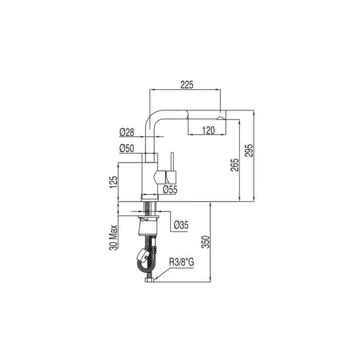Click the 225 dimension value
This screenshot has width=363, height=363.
[x=187, y=85]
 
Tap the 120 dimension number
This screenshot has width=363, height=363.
[x=208, y=131]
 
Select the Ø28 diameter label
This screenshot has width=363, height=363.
[x=127, y=133]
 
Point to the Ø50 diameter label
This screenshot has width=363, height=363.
[x=127, y=149]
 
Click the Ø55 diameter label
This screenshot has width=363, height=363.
[x=170, y=190]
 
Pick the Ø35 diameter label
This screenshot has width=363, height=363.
[x=181, y=224]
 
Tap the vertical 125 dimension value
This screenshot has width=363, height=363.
[x=113, y=182]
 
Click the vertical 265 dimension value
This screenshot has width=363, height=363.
[x=234, y=165]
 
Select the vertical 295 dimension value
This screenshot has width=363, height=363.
[x=250, y=151]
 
